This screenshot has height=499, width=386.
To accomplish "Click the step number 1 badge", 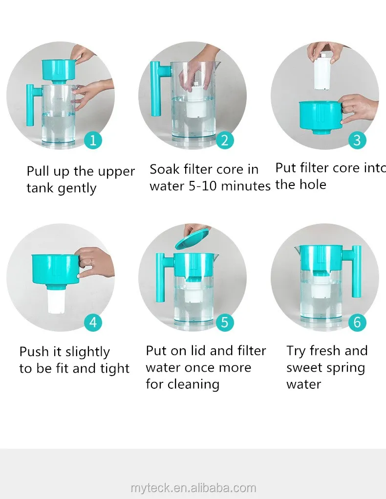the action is click(x=93, y=140).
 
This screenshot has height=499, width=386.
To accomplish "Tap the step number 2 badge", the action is click(x=225, y=140).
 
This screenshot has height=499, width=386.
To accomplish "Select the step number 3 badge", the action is click(x=357, y=140).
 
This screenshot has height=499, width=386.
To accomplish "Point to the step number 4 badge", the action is click(x=93, y=322).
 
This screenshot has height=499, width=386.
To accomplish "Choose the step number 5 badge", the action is click(x=225, y=322).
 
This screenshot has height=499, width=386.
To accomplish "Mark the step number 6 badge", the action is click(x=357, y=322).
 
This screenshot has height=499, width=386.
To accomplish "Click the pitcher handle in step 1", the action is click(x=31, y=105).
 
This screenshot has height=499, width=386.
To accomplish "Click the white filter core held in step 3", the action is click(x=323, y=72).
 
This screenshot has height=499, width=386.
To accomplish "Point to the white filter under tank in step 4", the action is click(x=57, y=301).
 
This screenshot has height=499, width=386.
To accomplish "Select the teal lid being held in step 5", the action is click(x=192, y=239).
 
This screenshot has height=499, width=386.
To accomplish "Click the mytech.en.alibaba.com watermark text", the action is click(x=193, y=488).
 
